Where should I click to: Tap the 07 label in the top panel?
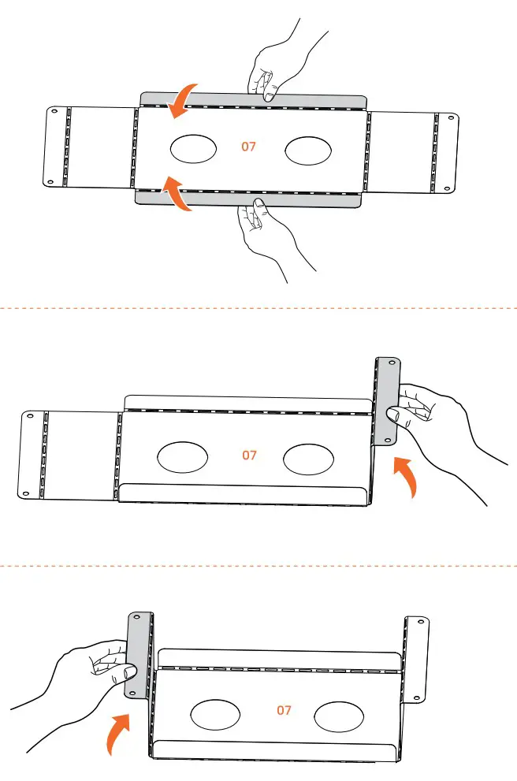pyautogui.click(x=248, y=147)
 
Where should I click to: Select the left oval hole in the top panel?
pyautogui.click(x=194, y=149)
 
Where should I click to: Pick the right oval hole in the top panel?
pyautogui.click(x=309, y=151)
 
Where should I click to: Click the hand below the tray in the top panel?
pyautogui.click(x=271, y=236)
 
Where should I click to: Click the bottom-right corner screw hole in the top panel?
pyautogui.click(x=447, y=189)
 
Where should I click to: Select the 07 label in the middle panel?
pyautogui.click(x=249, y=456)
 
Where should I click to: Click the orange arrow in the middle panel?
pyautogui.click(x=405, y=476)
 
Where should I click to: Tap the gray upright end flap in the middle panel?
pyautogui.click(x=388, y=400)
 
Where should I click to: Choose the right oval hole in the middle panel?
pyautogui.click(x=308, y=459)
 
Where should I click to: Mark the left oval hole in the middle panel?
pyautogui.click(x=182, y=457)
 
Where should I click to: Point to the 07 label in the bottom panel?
pyautogui.click(x=284, y=710)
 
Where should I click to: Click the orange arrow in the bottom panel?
pyautogui.click(x=118, y=733)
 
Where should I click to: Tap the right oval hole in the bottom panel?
pyautogui.click(x=339, y=716)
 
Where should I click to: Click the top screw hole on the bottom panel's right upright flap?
pyautogui.click(x=420, y=622)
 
